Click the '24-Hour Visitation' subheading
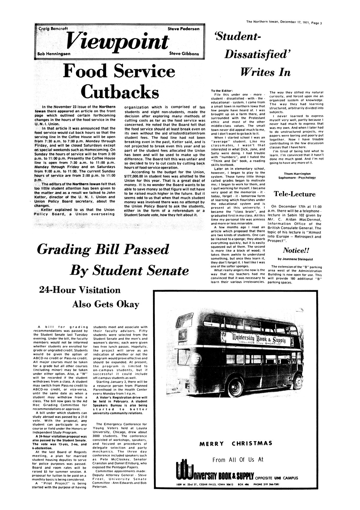pos(80,290)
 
